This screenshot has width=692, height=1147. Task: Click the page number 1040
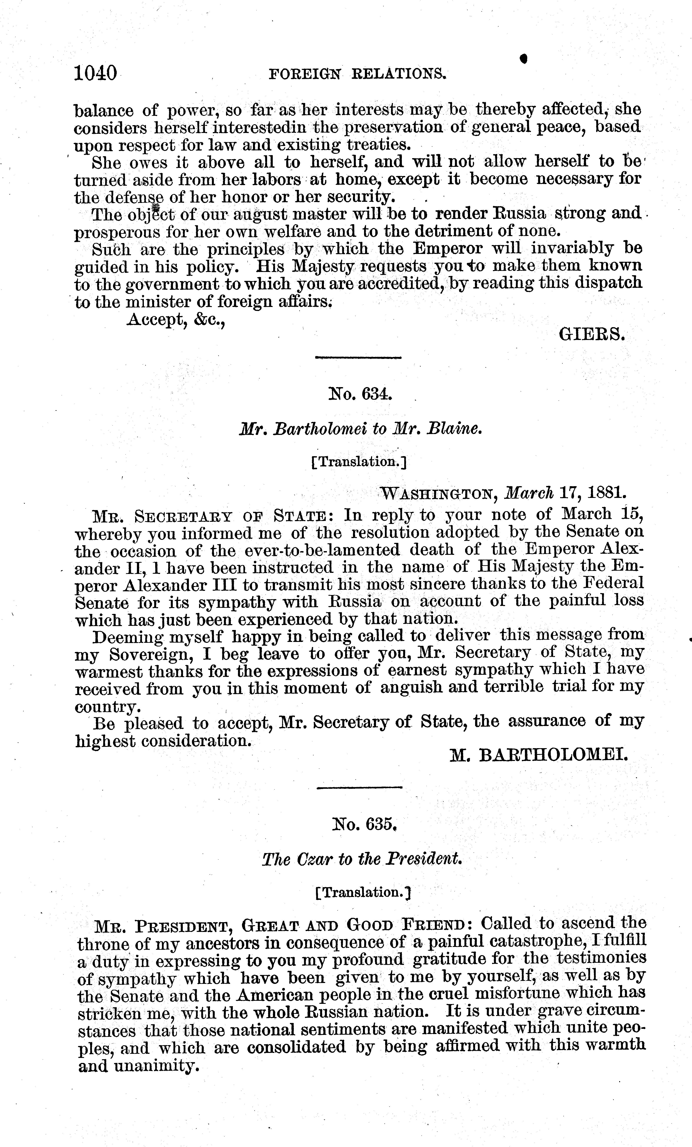(95, 74)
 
